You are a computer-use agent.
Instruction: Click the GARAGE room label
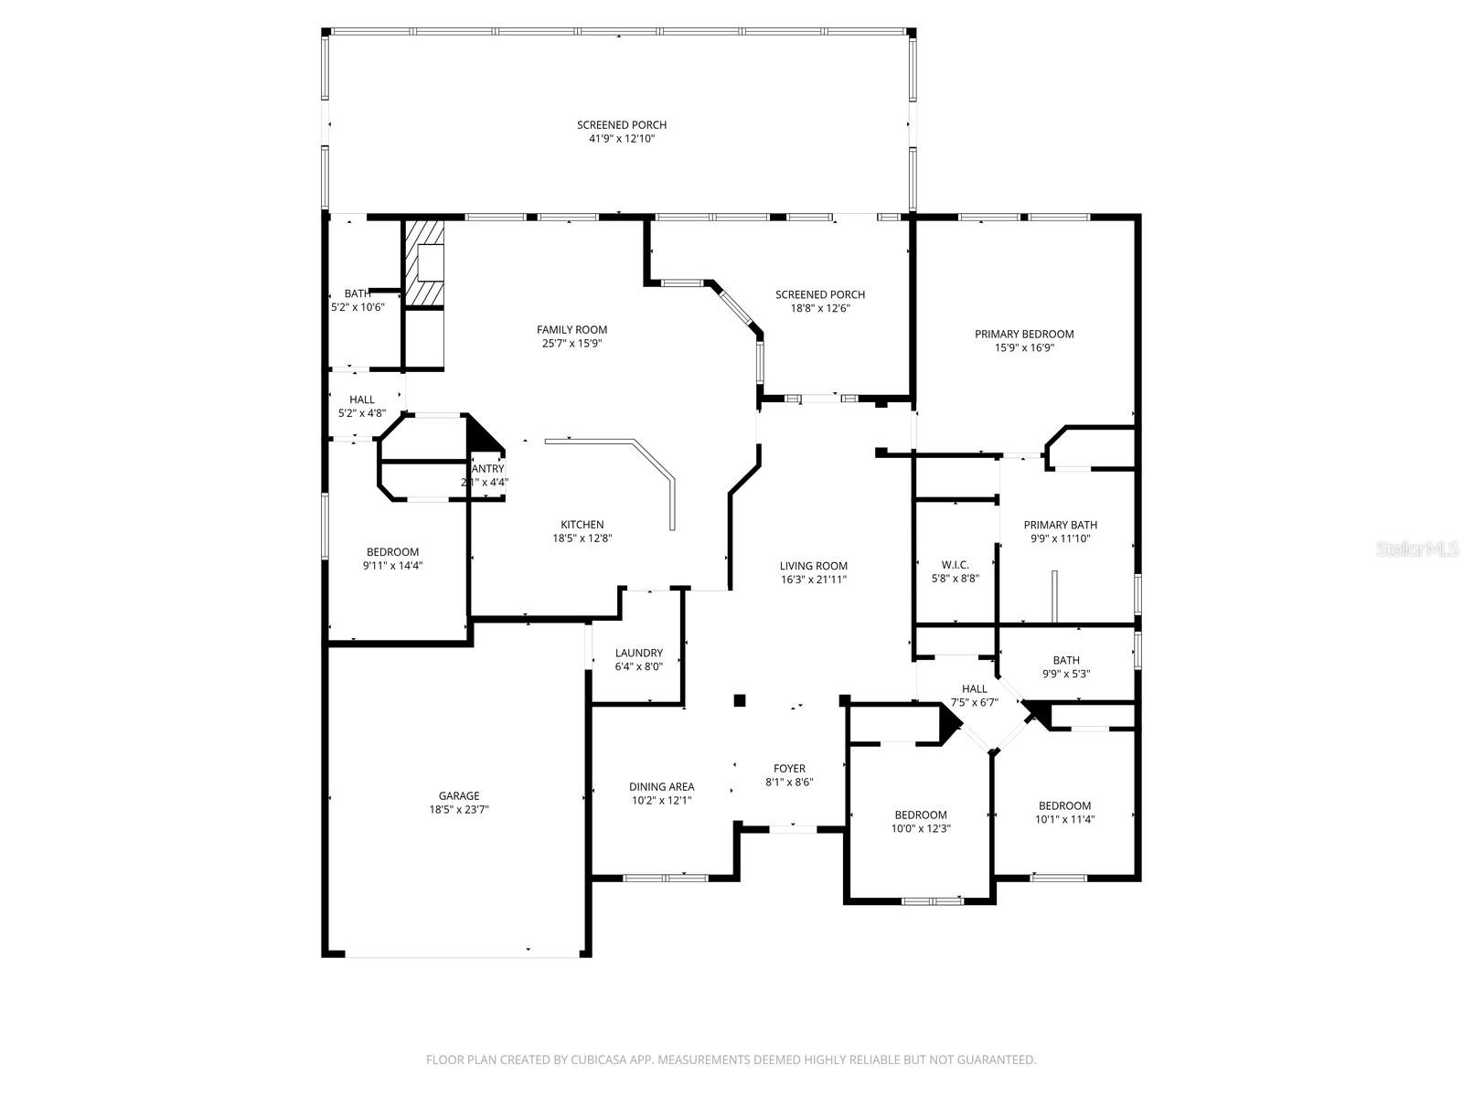click(459, 795)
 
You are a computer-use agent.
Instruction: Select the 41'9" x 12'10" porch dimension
click(622, 139)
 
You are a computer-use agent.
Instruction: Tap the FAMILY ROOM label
click(571, 330)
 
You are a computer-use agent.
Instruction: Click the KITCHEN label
click(582, 525)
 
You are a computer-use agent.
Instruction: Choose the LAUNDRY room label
click(638, 653)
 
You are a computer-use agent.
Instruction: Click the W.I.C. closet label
click(955, 565)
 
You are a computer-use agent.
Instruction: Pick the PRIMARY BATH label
click(1060, 525)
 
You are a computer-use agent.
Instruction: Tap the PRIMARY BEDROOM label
click(1024, 334)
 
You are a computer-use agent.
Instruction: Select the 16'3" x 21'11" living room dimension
click(814, 580)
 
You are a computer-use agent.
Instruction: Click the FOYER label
click(789, 768)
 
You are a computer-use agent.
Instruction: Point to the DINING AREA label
click(661, 786)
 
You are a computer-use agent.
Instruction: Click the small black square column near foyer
click(740, 701)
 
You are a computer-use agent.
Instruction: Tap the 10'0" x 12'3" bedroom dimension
click(921, 829)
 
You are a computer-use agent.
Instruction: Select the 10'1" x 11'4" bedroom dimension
click(1064, 820)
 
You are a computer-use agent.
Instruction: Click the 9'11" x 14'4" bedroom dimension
click(392, 566)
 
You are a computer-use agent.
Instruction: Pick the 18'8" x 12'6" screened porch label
click(820, 308)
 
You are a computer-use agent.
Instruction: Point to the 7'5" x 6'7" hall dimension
click(974, 703)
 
